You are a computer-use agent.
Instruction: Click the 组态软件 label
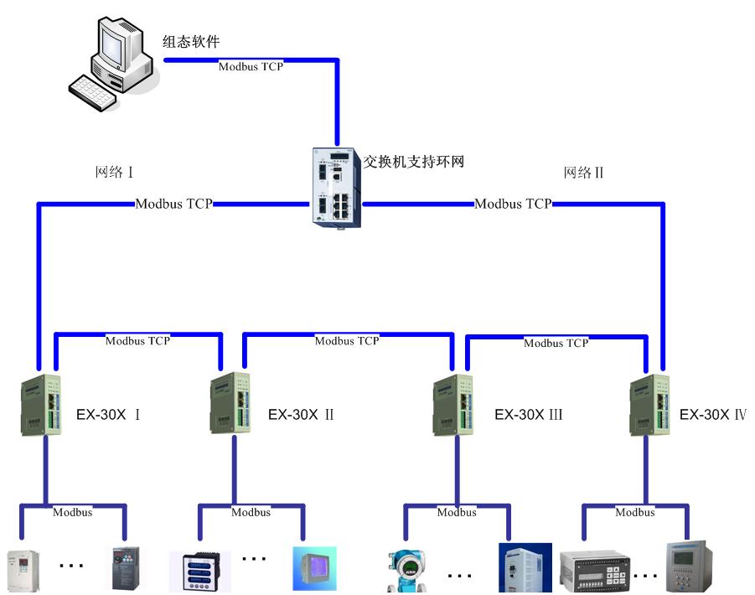(x=191, y=42)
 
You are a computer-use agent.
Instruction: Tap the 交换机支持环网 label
(x=413, y=161)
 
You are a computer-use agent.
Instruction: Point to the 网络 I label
(x=115, y=173)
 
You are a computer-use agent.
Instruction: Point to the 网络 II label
(x=584, y=173)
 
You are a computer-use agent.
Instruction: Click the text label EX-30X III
(x=528, y=414)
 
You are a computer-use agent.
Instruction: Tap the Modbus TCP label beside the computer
(x=251, y=66)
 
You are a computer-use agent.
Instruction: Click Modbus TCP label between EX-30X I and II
(x=137, y=341)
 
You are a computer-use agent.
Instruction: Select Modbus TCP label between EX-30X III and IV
(x=556, y=343)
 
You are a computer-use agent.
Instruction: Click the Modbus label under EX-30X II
(x=251, y=512)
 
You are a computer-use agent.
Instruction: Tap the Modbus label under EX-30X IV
(x=634, y=512)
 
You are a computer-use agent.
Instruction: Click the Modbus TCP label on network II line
(x=513, y=204)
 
